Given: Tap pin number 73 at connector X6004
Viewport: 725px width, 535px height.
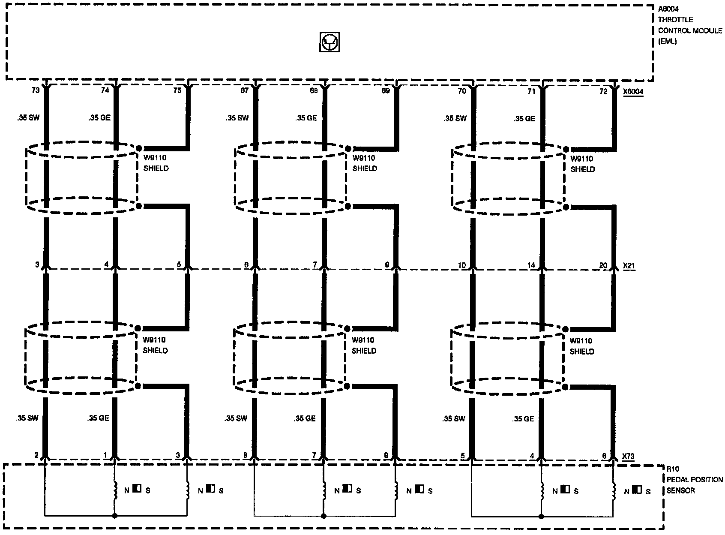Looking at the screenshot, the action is [36, 90].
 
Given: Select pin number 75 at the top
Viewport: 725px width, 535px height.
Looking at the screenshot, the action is [177, 90].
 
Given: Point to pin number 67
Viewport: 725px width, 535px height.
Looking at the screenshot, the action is [245, 91].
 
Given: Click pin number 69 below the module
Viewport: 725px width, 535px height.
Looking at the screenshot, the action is [386, 91].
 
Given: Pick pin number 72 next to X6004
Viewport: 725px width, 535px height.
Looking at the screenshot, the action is [603, 91].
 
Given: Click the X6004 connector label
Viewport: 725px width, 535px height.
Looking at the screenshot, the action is [633, 92].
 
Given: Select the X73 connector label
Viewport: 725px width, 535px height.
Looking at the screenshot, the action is [628, 457].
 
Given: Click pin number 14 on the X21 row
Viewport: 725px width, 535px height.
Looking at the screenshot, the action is [531, 266].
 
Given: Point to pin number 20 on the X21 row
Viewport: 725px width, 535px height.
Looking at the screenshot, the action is [603, 266].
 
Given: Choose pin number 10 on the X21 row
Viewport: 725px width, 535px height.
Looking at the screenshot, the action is [461, 266].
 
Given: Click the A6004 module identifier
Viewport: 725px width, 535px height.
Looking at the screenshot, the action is [668, 9].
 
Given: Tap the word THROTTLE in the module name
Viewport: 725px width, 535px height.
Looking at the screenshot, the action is [676, 20].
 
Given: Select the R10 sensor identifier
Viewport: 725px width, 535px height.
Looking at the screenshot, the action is [672, 469].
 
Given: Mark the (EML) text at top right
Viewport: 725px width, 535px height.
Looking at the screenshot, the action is [668, 42].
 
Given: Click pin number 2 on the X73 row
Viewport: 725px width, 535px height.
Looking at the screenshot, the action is [36, 455].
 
